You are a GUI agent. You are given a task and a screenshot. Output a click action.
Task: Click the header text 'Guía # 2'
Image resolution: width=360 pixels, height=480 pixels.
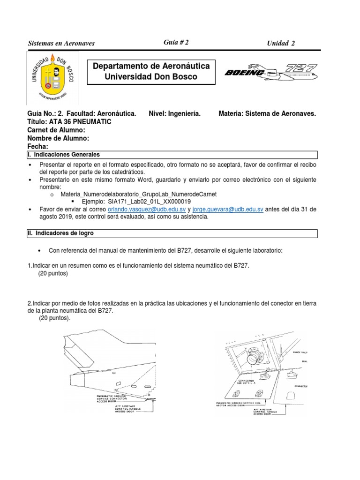pos(176,42)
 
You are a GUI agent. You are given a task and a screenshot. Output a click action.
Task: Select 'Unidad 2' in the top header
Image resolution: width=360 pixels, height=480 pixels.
pos(281,44)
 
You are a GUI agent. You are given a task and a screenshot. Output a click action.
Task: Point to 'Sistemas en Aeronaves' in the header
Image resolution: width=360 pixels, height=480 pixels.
pos(61,44)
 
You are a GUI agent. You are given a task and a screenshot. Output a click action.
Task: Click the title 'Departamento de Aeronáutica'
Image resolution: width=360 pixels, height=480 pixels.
pos(151,66)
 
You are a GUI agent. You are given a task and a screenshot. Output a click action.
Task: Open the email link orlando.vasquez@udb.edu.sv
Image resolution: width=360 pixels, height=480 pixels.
pos(147,209)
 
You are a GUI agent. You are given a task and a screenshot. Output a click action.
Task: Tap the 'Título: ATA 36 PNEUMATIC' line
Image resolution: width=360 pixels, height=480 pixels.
pos(69,122)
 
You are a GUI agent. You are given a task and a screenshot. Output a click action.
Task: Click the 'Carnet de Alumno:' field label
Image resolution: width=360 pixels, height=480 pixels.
pos(56,130)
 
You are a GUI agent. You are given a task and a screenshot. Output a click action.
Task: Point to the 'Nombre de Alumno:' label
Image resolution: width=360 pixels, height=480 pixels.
pos(58,138)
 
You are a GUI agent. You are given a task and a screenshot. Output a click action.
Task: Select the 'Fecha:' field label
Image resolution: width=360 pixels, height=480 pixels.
pos(38,146)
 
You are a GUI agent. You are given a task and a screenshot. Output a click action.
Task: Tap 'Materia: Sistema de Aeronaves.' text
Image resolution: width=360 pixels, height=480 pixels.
pos(267,113)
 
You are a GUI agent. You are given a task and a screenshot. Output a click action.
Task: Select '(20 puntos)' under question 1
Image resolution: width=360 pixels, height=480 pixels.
pos(53,274)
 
